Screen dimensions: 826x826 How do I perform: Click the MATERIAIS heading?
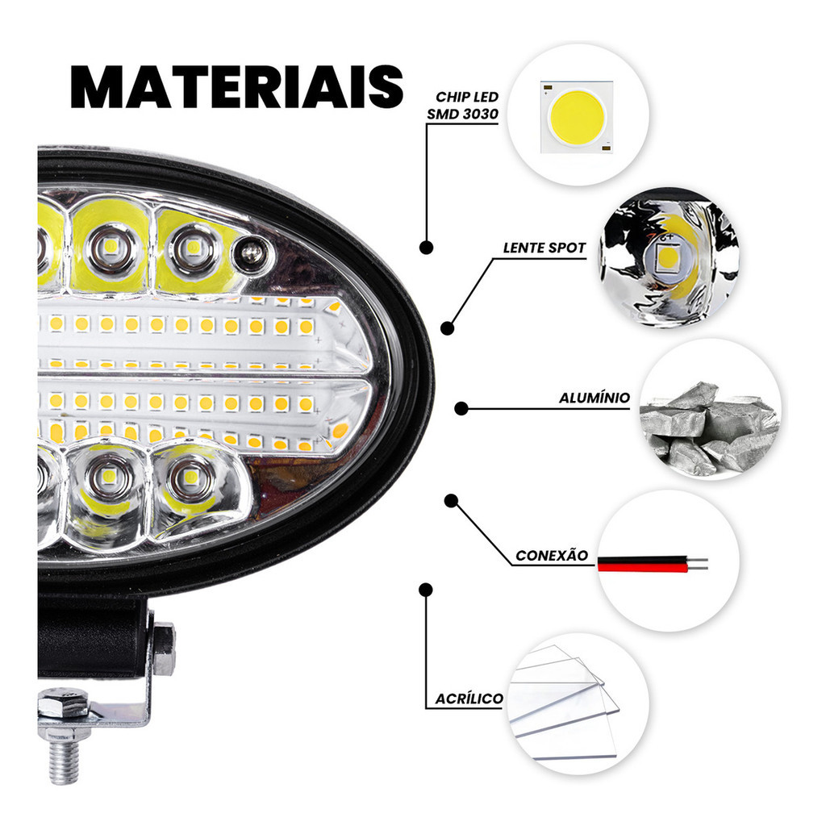237,87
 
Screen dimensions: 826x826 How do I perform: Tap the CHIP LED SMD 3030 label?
463,106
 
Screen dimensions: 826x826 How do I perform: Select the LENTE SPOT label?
544,248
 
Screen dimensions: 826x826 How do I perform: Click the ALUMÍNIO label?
594,398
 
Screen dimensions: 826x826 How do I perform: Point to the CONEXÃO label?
552,555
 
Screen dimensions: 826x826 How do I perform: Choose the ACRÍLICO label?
469,699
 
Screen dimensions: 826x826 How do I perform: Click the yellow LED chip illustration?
577,117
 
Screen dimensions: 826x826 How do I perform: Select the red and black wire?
652,564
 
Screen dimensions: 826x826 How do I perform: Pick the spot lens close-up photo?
669,257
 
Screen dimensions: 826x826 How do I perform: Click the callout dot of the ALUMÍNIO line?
461,408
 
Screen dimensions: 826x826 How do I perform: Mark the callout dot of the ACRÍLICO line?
426,590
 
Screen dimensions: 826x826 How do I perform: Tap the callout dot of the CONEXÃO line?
451,500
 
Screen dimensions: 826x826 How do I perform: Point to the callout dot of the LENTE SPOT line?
447,328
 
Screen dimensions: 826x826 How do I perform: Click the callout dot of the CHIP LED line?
426,247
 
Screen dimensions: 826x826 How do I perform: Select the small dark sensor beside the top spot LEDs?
252,253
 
